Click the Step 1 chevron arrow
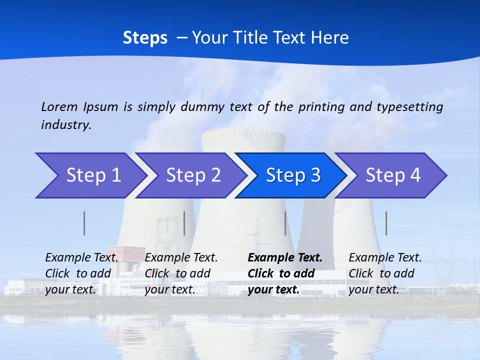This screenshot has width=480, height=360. [90, 175]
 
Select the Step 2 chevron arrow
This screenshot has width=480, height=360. [192, 175]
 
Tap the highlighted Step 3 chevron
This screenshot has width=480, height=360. [292, 175]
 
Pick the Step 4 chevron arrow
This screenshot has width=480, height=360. [392, 175]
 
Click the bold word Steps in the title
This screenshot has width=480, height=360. [145, 38]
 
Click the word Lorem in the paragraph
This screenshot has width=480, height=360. [59, 106]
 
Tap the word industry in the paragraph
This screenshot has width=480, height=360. [66, 124]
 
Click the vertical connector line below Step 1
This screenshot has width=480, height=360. [84, 223]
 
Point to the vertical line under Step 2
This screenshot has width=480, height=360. [184, 223]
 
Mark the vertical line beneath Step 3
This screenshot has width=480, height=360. [285, 223]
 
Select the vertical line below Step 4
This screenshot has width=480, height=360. [386, 223]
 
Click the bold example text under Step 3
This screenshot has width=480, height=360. [285, 273]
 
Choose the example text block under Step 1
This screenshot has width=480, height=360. [81, 273]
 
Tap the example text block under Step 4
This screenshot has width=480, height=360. [385, 273]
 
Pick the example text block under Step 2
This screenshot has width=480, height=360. [181, 273]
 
